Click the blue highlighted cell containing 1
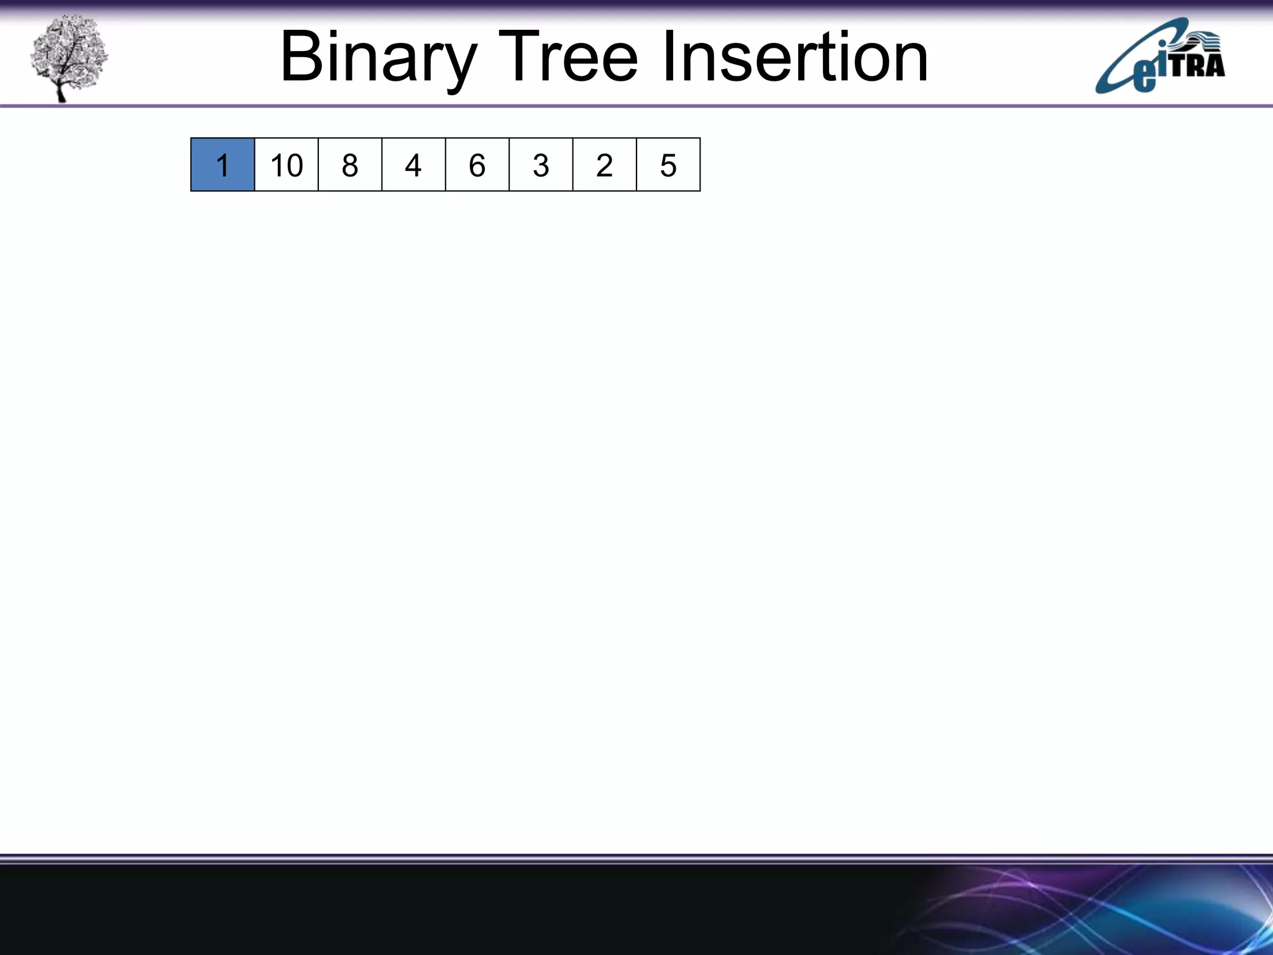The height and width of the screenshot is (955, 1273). pyautogui.click(x=223, y=165)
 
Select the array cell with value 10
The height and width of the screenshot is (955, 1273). pyautogui.click(x=287, y=165)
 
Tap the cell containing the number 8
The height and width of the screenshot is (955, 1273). pyautogui.click(x=350, y=165)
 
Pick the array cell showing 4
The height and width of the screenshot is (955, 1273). pyautogui.click(x=413, y=165)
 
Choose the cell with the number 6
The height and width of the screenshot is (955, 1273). pyautogui.click(x=477, y=165)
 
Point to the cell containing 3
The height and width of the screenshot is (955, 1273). pyautogui.click(x=541, y=165)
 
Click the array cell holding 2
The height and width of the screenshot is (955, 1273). pyautogui.click(x=604, y=165)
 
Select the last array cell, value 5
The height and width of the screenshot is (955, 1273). pyautogui.click(x=668, y=165)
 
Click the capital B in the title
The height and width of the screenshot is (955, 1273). pyautogui.click(x=301, y=57)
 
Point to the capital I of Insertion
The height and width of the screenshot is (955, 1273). pyautogui.click(x=669, y=57)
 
